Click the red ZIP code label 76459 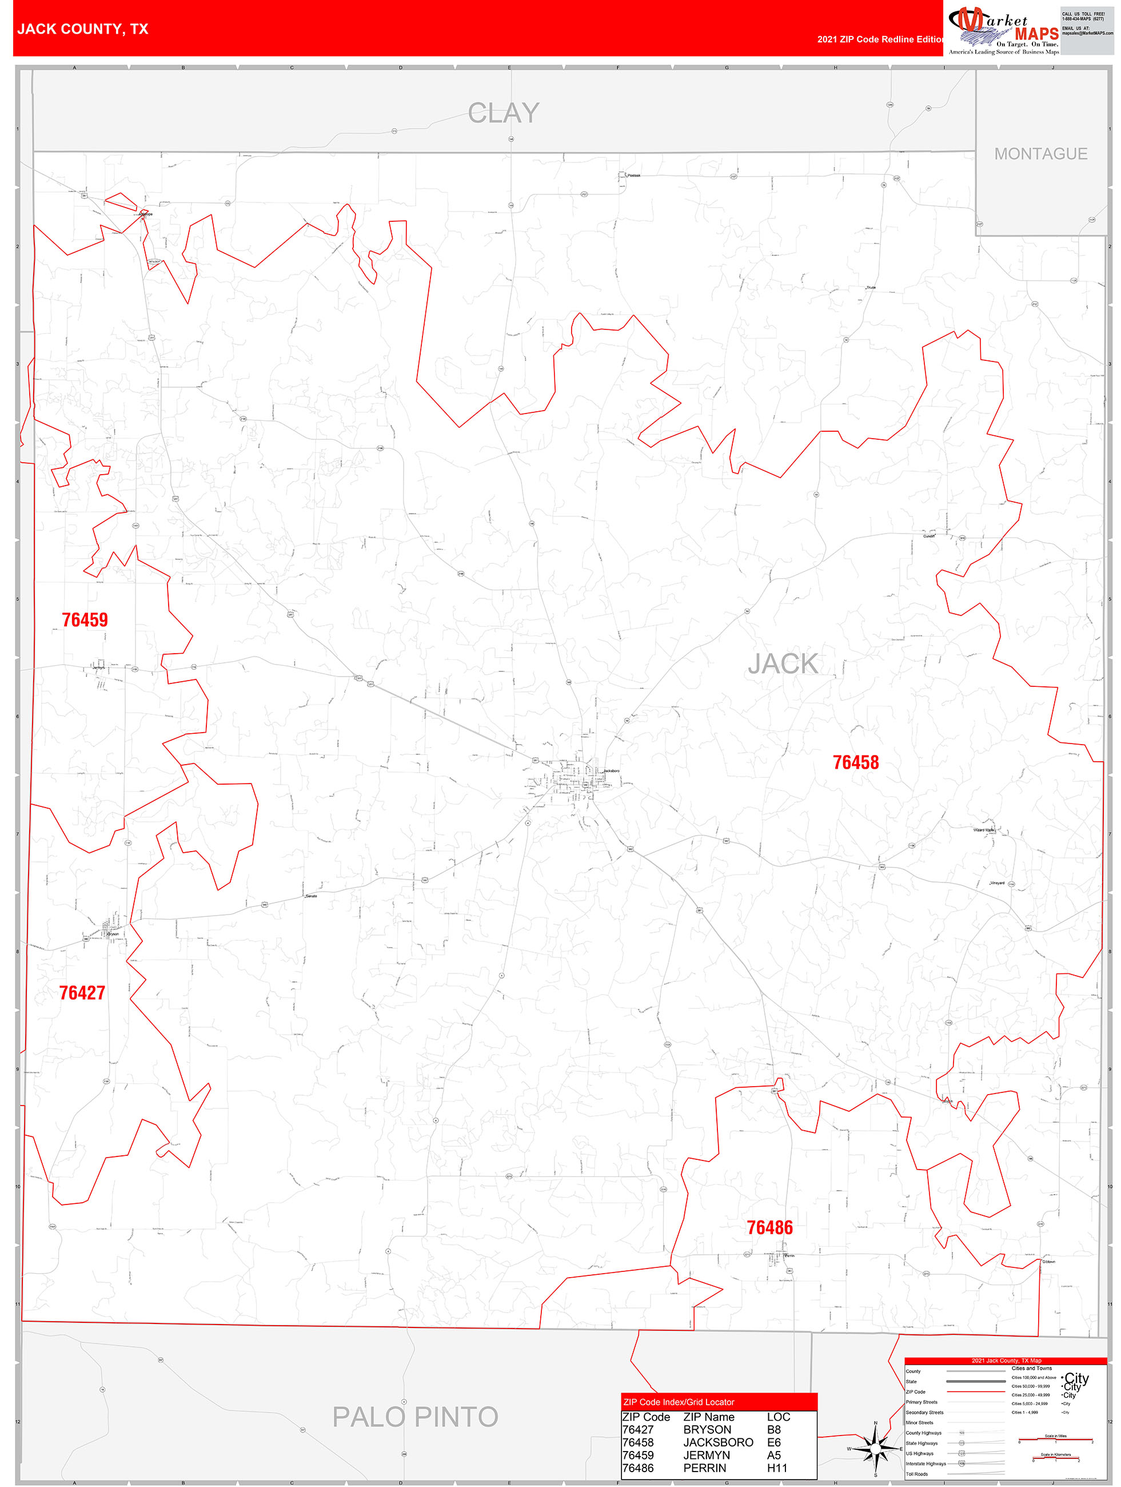click(85, 620)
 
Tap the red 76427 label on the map click(82, 993)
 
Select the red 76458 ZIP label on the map click(856, 762)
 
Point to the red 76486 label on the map click(769, 1227)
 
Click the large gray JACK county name click(783, 664)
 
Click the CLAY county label click(504, 113)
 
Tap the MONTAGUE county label click(1040, 154)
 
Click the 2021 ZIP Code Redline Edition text click(880, 39)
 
